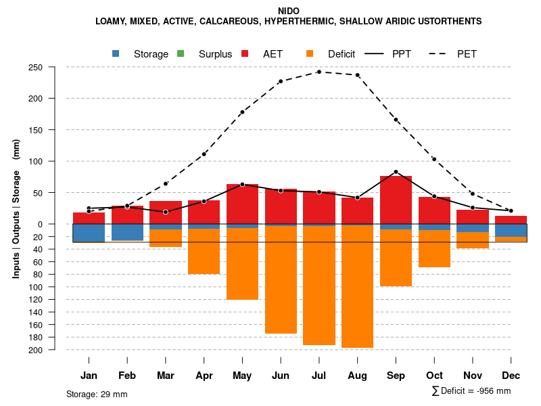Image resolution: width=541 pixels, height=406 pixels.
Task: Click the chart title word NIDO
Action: pyautogui.click(x=288, y=11)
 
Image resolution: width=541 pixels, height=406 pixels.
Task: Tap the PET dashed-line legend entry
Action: pyautogui.click(x=467, y=54)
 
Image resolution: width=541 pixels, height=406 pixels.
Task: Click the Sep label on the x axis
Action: pyautogui.click(x=396, y=376)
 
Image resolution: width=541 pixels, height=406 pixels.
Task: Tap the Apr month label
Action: pyautogui.click(x=204, y=376)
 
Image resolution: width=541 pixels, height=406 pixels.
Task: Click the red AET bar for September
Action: pyautogui.click(x=396, y=200)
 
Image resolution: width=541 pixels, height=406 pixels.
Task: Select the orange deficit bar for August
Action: pyautogui.click(x=357, y=287)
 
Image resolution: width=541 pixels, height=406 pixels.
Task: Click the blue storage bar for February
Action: pyautogui.click(x=127, y=232)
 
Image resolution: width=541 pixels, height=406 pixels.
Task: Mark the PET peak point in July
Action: pyautogui.click(x=319, y=72)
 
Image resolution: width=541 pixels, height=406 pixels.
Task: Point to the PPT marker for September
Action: pyautogui.click(x=396, y=172)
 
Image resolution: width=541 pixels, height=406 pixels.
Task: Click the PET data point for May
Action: pyautogui.click(x=242, y=112)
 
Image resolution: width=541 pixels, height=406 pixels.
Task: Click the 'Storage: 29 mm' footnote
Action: pyautogui.click(x=97, y=394)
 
